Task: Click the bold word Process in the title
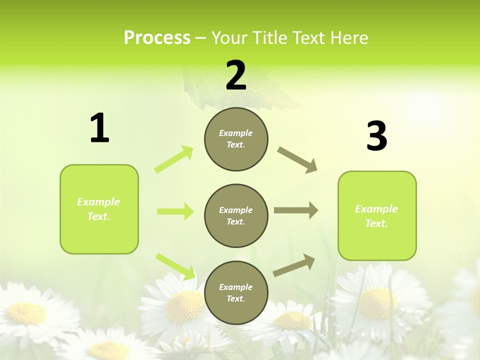[x=157, y=37]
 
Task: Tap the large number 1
[x=99, y=128]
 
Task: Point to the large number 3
[x=377, y=136]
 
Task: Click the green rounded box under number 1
[x=99, y=209]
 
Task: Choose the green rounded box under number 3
[x=377, y=216]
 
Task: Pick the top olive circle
[x=236, y=139]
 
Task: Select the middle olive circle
[x=236, y=215]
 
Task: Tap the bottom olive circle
[x=236, y=292]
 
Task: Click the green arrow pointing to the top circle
[x=174, y=159]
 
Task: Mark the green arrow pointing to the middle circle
[x=175, y=211]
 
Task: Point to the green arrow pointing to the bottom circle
[x=175, y=265]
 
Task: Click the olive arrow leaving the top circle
[x=297, y=160]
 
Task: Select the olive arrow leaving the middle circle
[x=296, y=210]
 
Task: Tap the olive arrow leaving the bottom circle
[x=294, y=265]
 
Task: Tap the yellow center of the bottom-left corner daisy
[x=27, y=313]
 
